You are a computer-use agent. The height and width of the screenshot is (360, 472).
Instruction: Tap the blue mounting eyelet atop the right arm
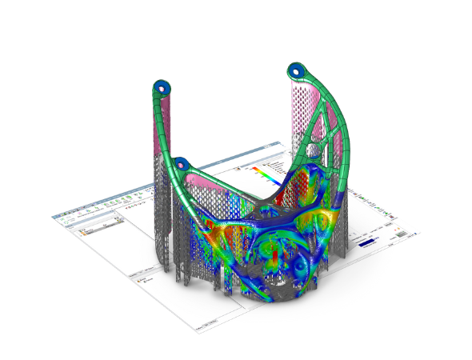pyautogui.click(x=297, y=70)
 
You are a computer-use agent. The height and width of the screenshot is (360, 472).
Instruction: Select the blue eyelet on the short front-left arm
pyautogui.click(x=182, y=165)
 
